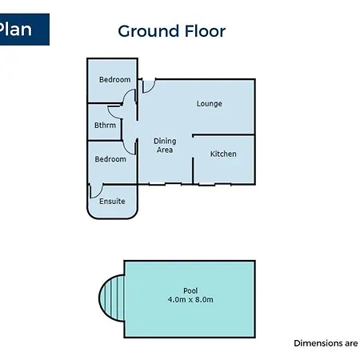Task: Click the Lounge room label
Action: point(210,103)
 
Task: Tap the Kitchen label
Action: point(223,154)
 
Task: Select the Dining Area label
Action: point(165,146)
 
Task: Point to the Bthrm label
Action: point(105,125)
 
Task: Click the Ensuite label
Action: point(112,201)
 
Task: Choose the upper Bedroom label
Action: point(115,79)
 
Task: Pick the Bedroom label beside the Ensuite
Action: point(110,159)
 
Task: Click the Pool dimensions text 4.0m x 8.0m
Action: point(190,299)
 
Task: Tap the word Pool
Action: point(190,290)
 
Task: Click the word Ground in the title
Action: point(149,31)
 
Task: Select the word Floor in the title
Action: point(205,31)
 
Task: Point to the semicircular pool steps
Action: point(111,298)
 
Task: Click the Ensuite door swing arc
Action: point(100,194)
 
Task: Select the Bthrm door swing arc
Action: point(110,114)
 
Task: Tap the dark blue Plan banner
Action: point(25,30)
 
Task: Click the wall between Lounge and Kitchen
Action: point(223,135)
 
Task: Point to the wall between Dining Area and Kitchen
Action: point(193,170)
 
